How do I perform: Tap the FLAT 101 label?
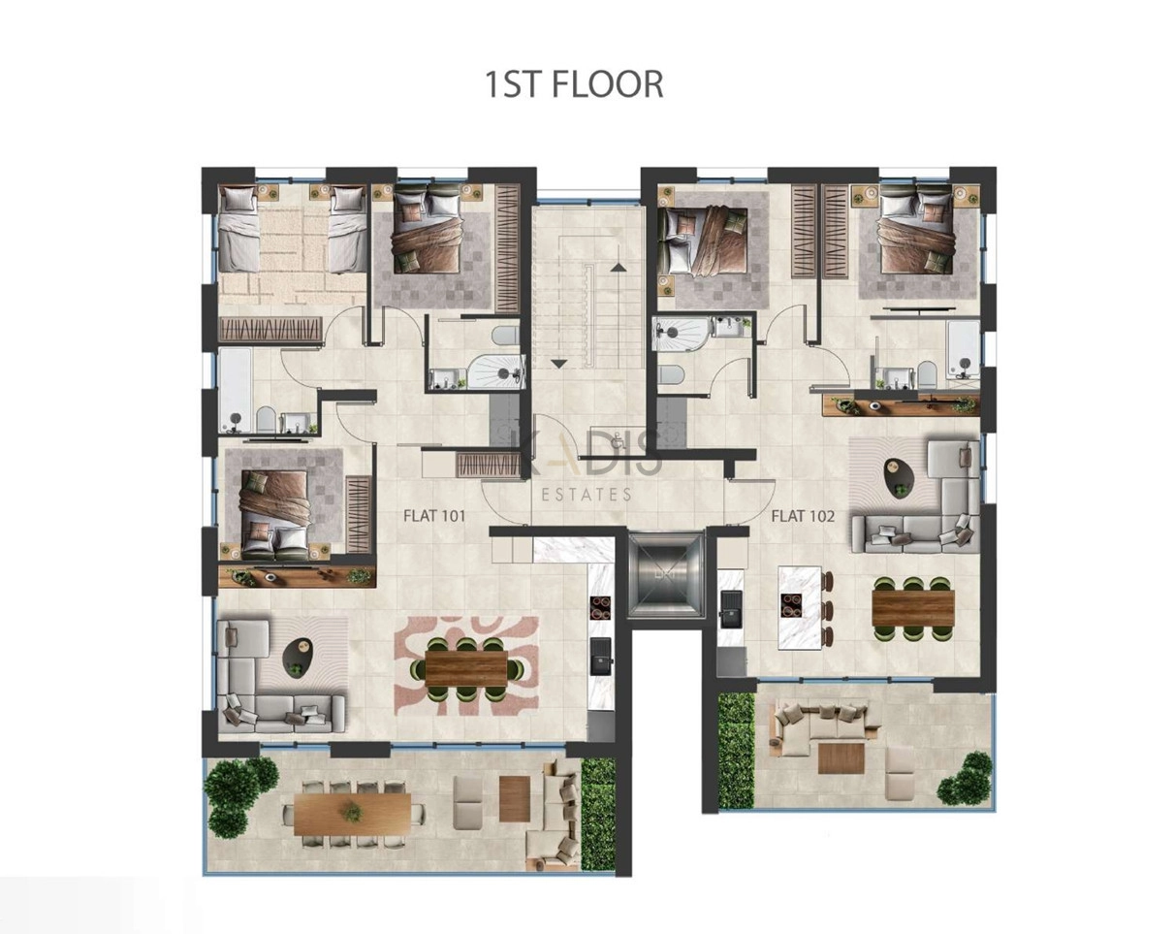click(x=434, y=515)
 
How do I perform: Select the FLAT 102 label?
click(x=803, y=516)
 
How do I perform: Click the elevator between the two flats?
click(x=666, y=576)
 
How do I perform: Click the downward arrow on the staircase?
click(x=559, y=363)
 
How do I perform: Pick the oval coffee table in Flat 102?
click(x=901, y=479)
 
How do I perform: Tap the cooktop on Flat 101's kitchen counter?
click(x=601, y=607)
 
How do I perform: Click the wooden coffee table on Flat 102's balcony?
click(x=841, y=757)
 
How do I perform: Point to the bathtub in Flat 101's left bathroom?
click(x=236, y=391)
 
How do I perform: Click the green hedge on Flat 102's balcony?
click(x=737, y=750)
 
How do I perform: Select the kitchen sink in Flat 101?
click(x=601, y=657)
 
